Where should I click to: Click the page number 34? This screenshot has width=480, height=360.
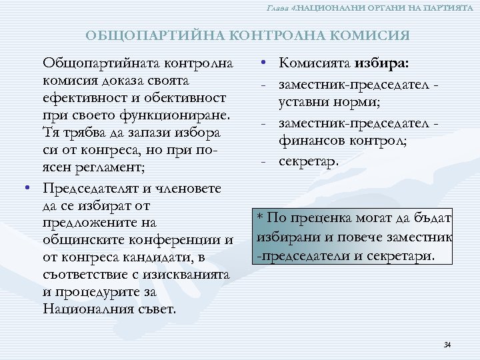point(447,345)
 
